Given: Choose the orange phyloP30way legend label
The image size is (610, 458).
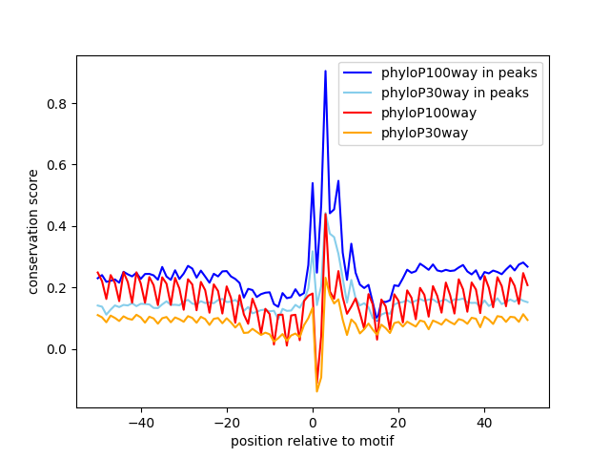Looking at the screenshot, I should [424, 133].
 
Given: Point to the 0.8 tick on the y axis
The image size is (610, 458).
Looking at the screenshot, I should [59, 104].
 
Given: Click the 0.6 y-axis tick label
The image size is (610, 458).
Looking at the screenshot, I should [59, 165].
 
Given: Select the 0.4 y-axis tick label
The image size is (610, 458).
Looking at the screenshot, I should [59, 226].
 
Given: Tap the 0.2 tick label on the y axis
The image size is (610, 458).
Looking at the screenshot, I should [59, 288].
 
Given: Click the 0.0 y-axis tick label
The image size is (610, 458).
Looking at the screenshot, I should [59, 349].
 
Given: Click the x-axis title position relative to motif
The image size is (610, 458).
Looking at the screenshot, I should [313, 441].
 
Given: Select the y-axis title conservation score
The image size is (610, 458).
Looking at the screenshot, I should [33, 231].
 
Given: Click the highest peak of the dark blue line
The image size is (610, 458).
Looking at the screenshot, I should [325, 71].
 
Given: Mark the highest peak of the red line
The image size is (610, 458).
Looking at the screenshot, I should [325, 214].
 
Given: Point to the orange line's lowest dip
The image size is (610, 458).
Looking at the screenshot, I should [316, 391].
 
